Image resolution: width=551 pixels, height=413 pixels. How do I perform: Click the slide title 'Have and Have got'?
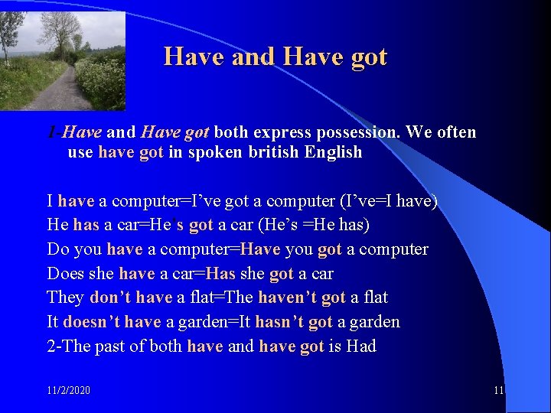275,57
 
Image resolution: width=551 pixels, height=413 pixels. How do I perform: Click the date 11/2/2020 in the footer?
68,390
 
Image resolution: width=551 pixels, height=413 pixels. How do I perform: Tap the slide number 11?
498,390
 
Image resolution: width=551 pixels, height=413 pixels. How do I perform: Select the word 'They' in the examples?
66,297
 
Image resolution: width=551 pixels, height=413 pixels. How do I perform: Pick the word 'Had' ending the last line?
361,346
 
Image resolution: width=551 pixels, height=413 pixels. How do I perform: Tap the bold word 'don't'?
111,297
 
